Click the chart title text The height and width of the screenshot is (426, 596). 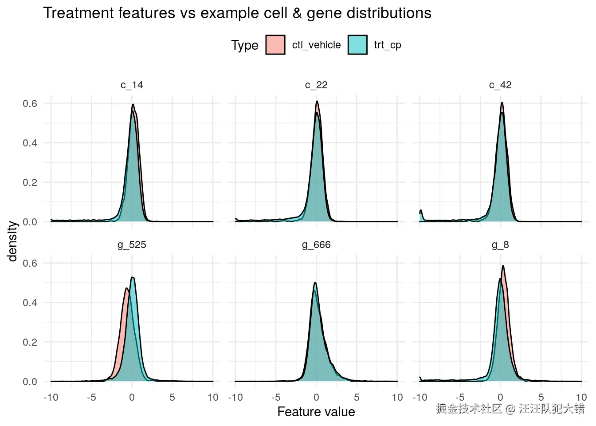tap(237, 13)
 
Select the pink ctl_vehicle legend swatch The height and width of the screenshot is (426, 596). tap(275, 45)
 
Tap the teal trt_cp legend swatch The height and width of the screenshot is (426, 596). tap(357, 45)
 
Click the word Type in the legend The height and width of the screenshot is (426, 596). tap(244, 45)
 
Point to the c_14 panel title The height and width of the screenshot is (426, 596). tap(132, 85)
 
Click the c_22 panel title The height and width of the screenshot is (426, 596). tap(316, 85)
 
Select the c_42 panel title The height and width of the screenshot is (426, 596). tap(500, 85)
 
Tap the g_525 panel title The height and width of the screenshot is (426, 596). tap(132, 245)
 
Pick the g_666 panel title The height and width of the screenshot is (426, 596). tap(316, 245)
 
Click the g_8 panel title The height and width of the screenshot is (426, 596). tap(500, 245)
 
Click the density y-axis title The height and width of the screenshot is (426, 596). tap(12, 241)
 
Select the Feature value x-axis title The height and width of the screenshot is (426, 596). tap(316, 412)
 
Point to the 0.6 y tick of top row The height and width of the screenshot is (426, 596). tap(30, 103)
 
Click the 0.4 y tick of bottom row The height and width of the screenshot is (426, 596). tap(30, 303)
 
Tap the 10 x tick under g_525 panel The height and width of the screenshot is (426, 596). tap(213, 397)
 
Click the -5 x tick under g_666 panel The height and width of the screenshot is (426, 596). tap(275, 397)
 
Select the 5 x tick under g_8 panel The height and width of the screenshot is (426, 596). tap(541, 397)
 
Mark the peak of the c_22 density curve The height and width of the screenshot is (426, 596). tap(317, 101)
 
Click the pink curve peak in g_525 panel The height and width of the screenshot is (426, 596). tap(126, 288)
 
